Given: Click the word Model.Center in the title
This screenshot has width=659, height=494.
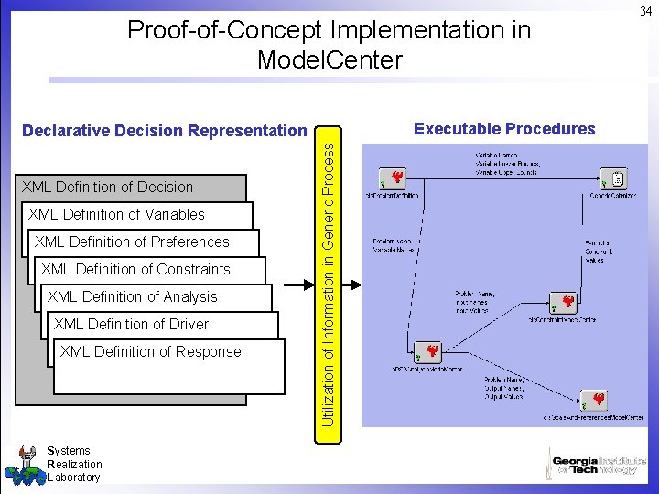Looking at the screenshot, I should (329, 61).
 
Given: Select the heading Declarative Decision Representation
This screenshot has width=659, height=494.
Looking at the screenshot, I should (165, 131).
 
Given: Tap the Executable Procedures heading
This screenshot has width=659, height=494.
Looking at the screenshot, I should (504, 129).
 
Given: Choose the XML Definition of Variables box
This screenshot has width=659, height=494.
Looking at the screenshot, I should (117, 214).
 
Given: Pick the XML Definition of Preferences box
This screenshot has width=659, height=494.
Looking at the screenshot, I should (132, 242).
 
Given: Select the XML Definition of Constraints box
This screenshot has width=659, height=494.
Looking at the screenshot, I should (136, 269).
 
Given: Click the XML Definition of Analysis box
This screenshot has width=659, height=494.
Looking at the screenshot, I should (133, 296).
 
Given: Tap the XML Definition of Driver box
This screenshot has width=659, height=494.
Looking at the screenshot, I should (132, 324).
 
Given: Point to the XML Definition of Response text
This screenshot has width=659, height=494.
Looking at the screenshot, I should (151, 351).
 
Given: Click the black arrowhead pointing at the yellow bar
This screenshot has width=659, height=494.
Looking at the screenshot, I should (309, 285).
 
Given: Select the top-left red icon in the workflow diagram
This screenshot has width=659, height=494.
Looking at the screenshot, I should (396, 177).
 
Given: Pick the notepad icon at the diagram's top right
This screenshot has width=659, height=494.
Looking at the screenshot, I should (618, 178).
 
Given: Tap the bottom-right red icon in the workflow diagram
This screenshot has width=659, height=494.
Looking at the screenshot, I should (598, 400).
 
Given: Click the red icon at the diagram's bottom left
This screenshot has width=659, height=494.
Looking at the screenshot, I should (432, 351).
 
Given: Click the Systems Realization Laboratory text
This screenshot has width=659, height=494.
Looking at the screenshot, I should (74, 464).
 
